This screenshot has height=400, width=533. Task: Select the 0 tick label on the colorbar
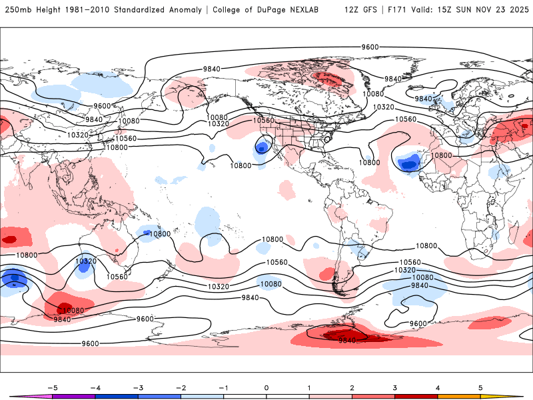point(266,387)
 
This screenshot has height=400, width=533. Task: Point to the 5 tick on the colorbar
point(481,387)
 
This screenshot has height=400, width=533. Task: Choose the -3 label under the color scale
point(137,387)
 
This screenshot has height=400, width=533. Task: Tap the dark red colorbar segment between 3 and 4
point(416,396)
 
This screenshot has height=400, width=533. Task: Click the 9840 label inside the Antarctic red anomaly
point(347,341)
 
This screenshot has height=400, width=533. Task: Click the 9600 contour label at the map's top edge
point(370,47)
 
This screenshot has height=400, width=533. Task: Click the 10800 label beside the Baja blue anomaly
point(241,165)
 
